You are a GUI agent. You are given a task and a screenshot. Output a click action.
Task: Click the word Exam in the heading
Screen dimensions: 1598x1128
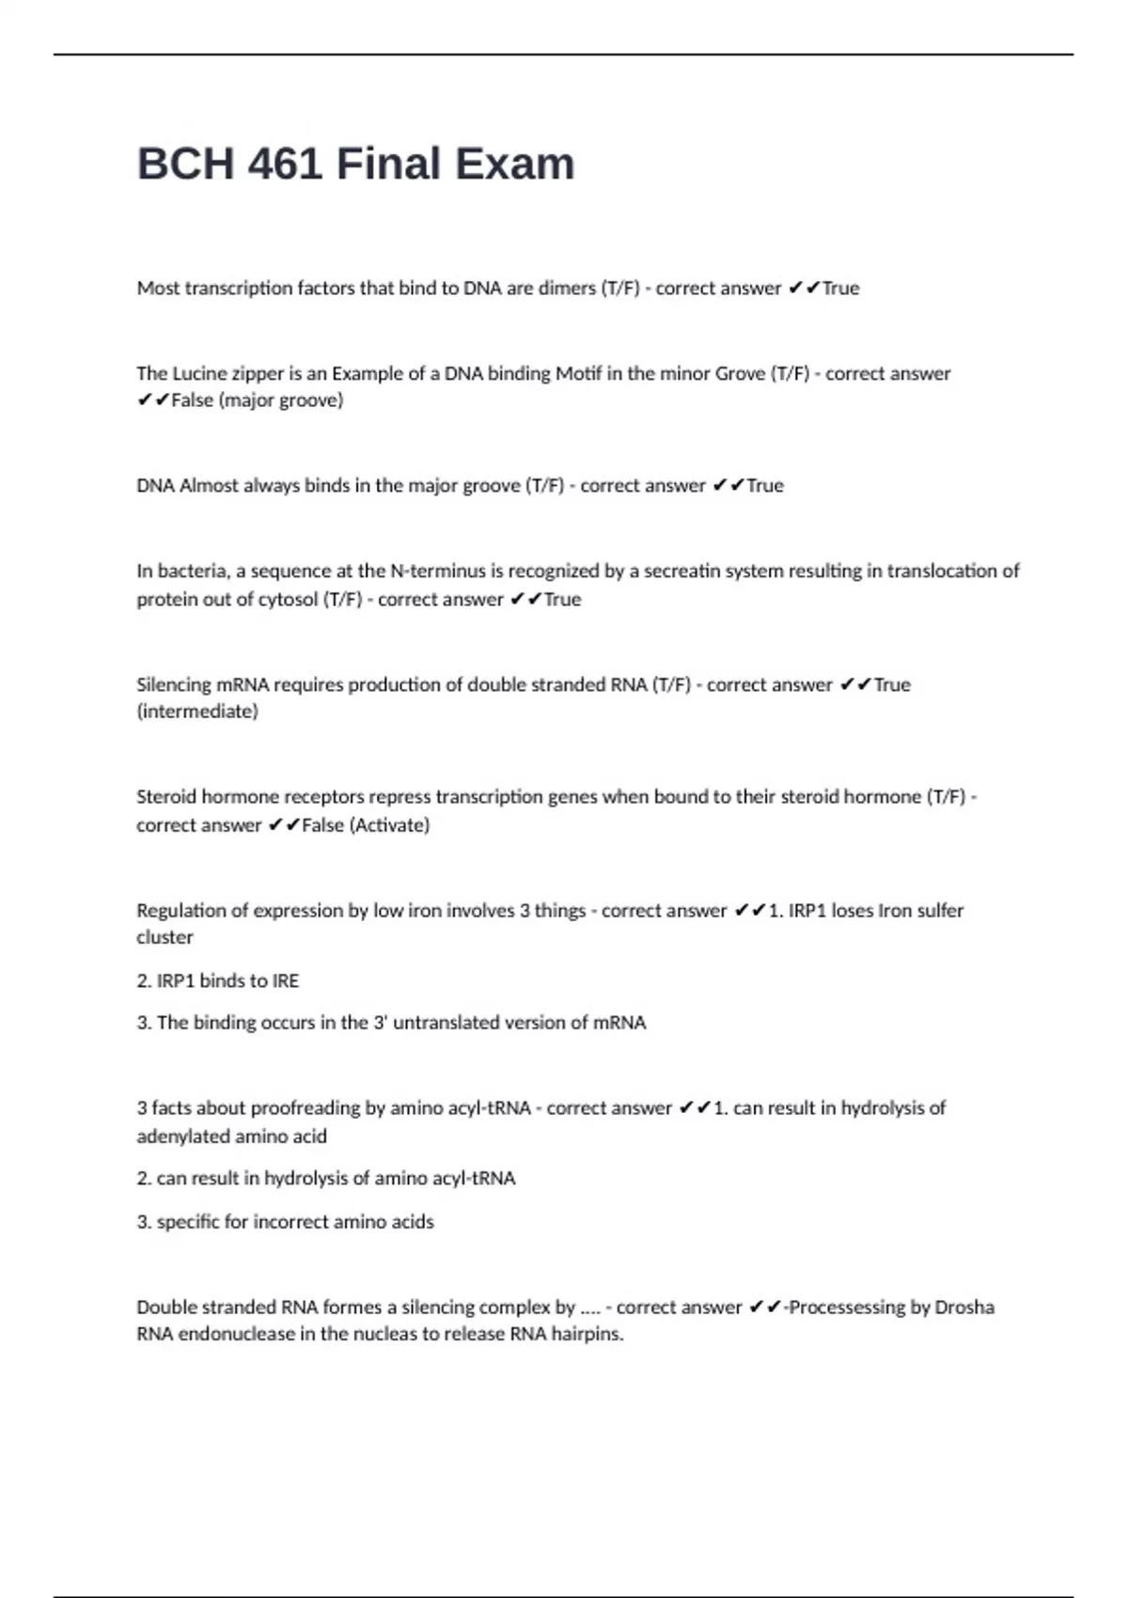[515, 164]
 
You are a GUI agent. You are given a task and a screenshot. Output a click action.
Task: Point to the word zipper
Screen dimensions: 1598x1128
[258, 374]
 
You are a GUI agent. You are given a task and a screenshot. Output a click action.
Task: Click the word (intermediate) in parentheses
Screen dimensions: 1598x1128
[197, 712]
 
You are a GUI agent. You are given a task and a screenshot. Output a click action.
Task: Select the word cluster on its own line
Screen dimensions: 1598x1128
[164, 937]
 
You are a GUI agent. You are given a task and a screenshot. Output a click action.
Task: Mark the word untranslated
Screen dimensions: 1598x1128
[453, 1023]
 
